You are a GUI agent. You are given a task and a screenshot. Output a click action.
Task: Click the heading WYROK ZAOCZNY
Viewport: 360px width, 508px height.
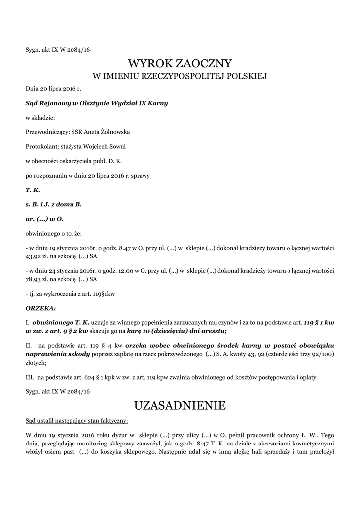(x=180, y=63)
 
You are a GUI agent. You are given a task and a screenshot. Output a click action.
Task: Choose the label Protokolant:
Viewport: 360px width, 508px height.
(x=41, y=147)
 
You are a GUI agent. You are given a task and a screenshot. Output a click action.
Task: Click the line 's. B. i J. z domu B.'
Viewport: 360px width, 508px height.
(x=54, y=204)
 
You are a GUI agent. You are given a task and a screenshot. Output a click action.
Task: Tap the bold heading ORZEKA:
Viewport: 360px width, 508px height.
(x=41, y=308)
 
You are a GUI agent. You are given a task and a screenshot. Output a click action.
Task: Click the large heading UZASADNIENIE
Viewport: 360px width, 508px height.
(x=180, y=406)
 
